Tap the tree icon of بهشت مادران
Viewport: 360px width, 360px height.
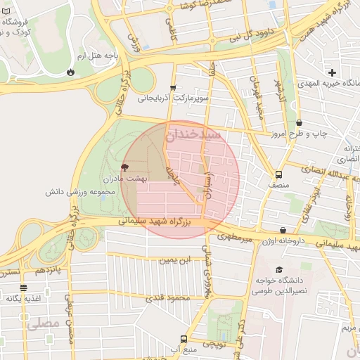click(x=125, y=167)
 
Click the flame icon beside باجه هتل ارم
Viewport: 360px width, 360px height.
click(x=70, y=72)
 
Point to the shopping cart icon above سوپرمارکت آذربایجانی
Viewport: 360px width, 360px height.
click(x=173, y=88)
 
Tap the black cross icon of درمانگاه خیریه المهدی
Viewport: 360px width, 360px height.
click(x=332, y=72)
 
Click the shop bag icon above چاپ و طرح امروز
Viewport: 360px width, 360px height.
click(x=299, y=122)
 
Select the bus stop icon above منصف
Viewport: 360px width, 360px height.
click(x=279, y=174)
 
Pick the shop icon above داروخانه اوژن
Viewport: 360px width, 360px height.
click(x=283, y=230)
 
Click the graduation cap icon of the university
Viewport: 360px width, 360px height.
click(x=279, y=270)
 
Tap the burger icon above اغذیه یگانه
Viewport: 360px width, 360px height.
click(x=23, y=288)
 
